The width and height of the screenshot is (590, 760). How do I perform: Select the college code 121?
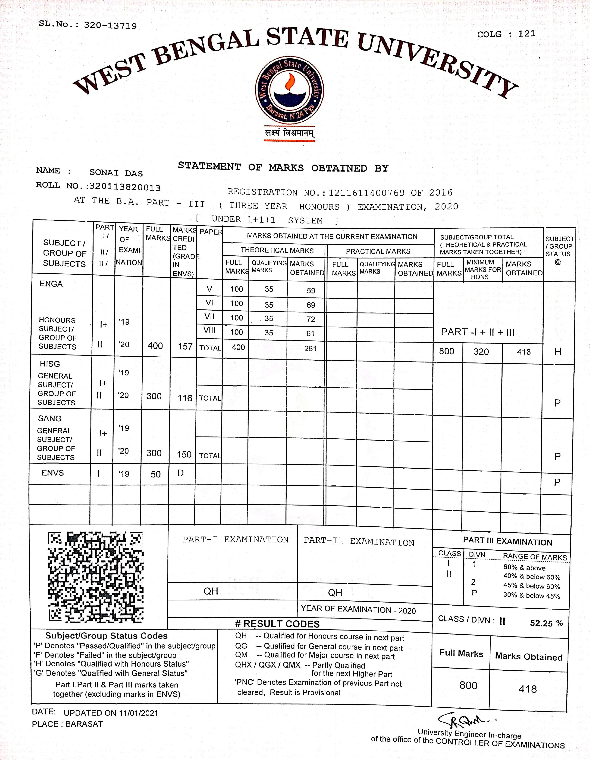click(x=527, y=34)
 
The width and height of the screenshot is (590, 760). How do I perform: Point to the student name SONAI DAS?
click(x=116, y=173)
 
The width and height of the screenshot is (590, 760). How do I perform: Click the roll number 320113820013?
click(x=125, y=187)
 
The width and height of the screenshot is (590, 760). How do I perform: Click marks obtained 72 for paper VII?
click(x=311, y=319)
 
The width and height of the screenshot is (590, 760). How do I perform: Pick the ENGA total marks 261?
click(x=310, y=348)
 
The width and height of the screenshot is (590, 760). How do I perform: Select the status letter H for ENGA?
click(x=558, y=352)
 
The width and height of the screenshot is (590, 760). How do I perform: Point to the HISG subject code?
click(x=50, y=364)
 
